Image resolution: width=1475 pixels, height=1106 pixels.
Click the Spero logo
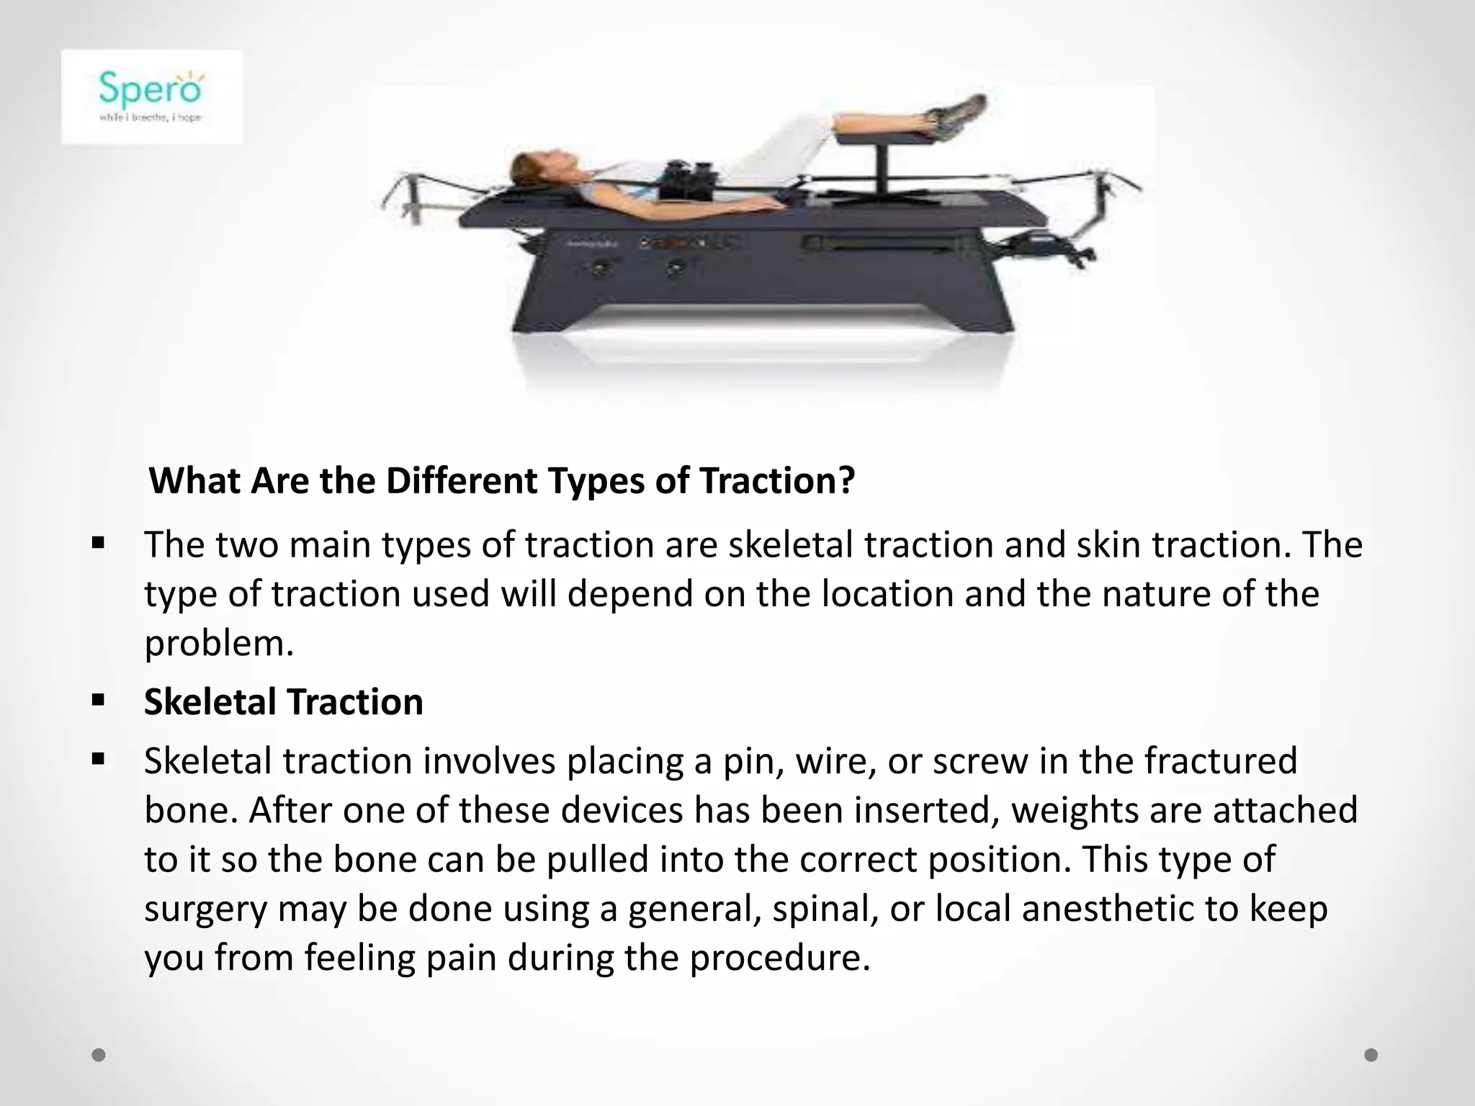(151, 96)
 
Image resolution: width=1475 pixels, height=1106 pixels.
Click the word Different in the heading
(461, 481)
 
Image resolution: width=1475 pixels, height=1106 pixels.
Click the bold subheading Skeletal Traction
(283, 702)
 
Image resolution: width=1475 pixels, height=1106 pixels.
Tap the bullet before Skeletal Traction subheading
(99, 699)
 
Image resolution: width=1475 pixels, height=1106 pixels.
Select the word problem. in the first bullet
(219, 643)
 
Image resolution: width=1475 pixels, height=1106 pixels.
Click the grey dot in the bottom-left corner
(99, 1055)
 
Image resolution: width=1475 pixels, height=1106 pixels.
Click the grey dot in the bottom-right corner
(1371, 1055)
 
